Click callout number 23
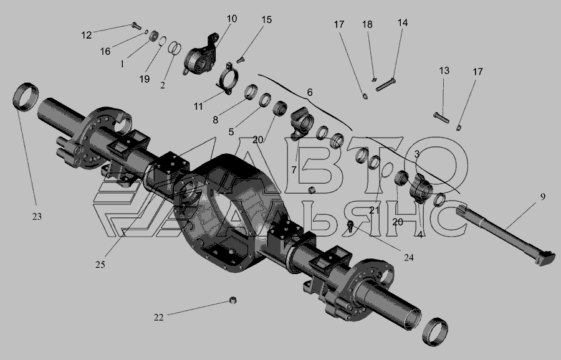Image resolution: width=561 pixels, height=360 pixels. coord(37,216)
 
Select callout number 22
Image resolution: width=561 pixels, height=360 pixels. coord(159,318)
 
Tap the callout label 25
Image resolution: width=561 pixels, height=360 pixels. coord(100,265)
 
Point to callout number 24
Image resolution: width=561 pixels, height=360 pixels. coord(408,257)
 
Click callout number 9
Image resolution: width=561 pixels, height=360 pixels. coord(543,197)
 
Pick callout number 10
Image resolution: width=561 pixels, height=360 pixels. coord(232,19)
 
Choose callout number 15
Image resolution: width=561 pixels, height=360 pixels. coord(267,20)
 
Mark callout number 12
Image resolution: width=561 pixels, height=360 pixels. coord(87,35)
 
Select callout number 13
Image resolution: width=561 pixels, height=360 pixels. coord(444,71)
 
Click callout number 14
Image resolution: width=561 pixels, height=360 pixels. coord(403,23)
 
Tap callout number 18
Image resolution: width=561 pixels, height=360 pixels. coord(367,24)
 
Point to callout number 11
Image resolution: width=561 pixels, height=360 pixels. coord(198,106)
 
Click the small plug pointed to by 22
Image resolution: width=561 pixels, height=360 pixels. coord(233,300)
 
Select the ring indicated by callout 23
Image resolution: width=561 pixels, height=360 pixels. coord(26,97)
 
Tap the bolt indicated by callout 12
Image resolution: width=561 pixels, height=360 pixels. coord(137,26)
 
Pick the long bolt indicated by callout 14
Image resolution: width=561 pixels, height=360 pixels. coord(386,85)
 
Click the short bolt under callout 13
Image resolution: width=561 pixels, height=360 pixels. coord(441,117)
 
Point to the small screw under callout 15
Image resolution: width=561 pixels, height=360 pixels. coord(240,60)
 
